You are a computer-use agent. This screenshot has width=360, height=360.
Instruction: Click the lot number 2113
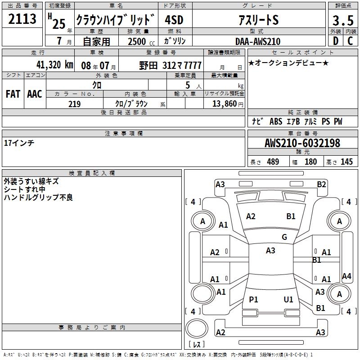point(22,19)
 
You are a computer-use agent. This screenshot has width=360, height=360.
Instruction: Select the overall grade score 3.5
point(343,20)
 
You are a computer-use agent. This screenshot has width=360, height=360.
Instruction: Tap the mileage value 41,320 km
point(54,65)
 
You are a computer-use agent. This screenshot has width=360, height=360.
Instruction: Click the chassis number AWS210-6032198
point(302,143)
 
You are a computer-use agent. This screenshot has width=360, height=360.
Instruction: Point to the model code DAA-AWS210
point(258,41)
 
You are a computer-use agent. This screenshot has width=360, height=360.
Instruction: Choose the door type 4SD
point(174,20)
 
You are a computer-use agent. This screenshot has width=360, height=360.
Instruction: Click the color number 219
point(74,104)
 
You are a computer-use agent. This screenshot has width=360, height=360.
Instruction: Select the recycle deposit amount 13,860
point(224,103)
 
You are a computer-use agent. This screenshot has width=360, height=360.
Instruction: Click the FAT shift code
point(13,94)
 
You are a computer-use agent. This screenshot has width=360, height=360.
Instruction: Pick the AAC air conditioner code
point(35,94)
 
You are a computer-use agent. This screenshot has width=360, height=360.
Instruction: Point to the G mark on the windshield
point(284,237)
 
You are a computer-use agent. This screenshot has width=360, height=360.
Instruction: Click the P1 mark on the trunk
point(253,299)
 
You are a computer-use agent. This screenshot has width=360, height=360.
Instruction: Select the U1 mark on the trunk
point(288,299)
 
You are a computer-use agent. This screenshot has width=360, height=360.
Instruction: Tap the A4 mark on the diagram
point(346,276)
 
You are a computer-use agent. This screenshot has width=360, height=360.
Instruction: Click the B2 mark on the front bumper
point(321,184)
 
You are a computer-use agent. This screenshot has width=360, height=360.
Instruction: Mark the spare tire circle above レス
point(197,328)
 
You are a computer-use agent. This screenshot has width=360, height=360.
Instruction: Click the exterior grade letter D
point(336,41)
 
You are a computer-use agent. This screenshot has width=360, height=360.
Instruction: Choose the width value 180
point(310,162)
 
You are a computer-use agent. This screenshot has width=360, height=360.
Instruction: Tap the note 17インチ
point(19,143)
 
